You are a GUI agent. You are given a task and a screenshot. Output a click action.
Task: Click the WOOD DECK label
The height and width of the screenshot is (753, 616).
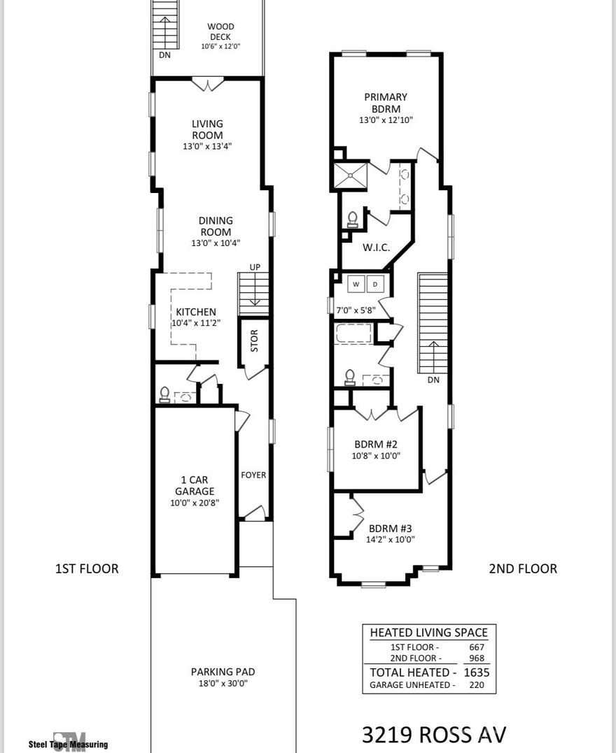(x=220, y=31)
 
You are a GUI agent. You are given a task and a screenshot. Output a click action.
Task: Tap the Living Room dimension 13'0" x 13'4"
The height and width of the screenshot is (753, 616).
(x=207, y=147)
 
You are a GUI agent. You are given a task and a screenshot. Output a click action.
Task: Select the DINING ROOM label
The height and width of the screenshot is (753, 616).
(x=216, y=227)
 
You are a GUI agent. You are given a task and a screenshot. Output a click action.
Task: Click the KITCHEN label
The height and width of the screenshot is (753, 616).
(x=196, y=312)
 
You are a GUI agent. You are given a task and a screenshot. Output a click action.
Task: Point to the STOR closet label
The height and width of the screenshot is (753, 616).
(x=254, y=340)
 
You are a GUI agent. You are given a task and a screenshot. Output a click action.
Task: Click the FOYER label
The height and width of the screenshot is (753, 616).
(x=253, y=475)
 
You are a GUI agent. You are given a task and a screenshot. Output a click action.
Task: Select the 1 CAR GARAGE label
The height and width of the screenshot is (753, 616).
(x=195, y=486)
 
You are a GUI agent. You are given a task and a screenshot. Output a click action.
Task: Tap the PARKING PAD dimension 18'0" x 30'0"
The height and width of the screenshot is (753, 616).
(x=223, y=683)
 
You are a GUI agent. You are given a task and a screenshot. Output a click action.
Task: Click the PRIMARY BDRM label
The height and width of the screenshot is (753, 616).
(x=386, y=103)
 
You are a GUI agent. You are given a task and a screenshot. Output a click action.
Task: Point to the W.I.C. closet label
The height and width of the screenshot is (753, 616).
(x=376, y=248)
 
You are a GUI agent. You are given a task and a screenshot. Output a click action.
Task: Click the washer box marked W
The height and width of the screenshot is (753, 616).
(x=356, y=285)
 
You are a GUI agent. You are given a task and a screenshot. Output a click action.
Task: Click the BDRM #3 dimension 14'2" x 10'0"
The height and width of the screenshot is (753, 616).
(x=392, y=539)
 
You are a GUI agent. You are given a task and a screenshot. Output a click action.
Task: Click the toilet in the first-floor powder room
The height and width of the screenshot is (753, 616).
(x=164, y=396)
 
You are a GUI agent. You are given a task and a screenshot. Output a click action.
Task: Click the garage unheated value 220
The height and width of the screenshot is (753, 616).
(x=480, y=685)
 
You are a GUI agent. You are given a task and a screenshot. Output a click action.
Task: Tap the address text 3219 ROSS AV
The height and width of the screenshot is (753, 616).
(x=434, y=735)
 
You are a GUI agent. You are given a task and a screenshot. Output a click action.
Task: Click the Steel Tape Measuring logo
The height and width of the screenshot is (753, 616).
(x=68, y=742)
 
